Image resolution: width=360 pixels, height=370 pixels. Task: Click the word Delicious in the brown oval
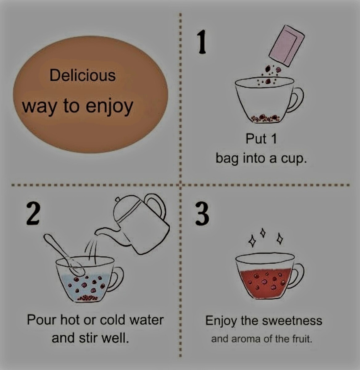tap(83, 76)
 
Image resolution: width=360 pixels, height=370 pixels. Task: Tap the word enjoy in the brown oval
tap(109, 107)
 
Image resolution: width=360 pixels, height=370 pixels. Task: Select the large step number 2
tap(33, 214)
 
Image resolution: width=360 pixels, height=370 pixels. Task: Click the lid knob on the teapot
tap(118, 199)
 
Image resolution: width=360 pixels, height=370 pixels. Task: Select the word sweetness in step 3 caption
tap(292, 321)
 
